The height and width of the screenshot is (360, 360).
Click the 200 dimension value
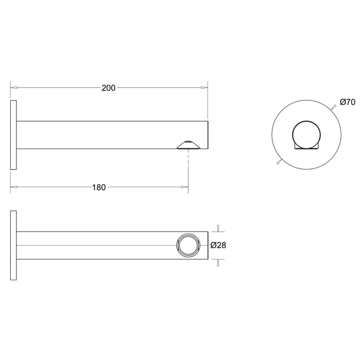coord(108,88)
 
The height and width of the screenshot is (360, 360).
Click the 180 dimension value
coord(99,187)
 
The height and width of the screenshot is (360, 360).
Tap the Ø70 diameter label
coord(347,102)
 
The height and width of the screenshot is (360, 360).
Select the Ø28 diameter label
coord(218,245)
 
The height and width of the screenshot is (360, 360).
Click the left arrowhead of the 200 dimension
coord(14,88)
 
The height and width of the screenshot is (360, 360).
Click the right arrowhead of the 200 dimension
coord(204,88)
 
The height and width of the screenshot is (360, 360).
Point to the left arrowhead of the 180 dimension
coord(14,187)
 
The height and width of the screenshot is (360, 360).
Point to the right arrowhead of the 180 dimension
coord(185,187)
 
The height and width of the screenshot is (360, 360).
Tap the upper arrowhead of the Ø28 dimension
coord(218,228)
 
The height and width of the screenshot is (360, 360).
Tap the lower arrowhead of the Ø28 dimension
coord(218,263)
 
